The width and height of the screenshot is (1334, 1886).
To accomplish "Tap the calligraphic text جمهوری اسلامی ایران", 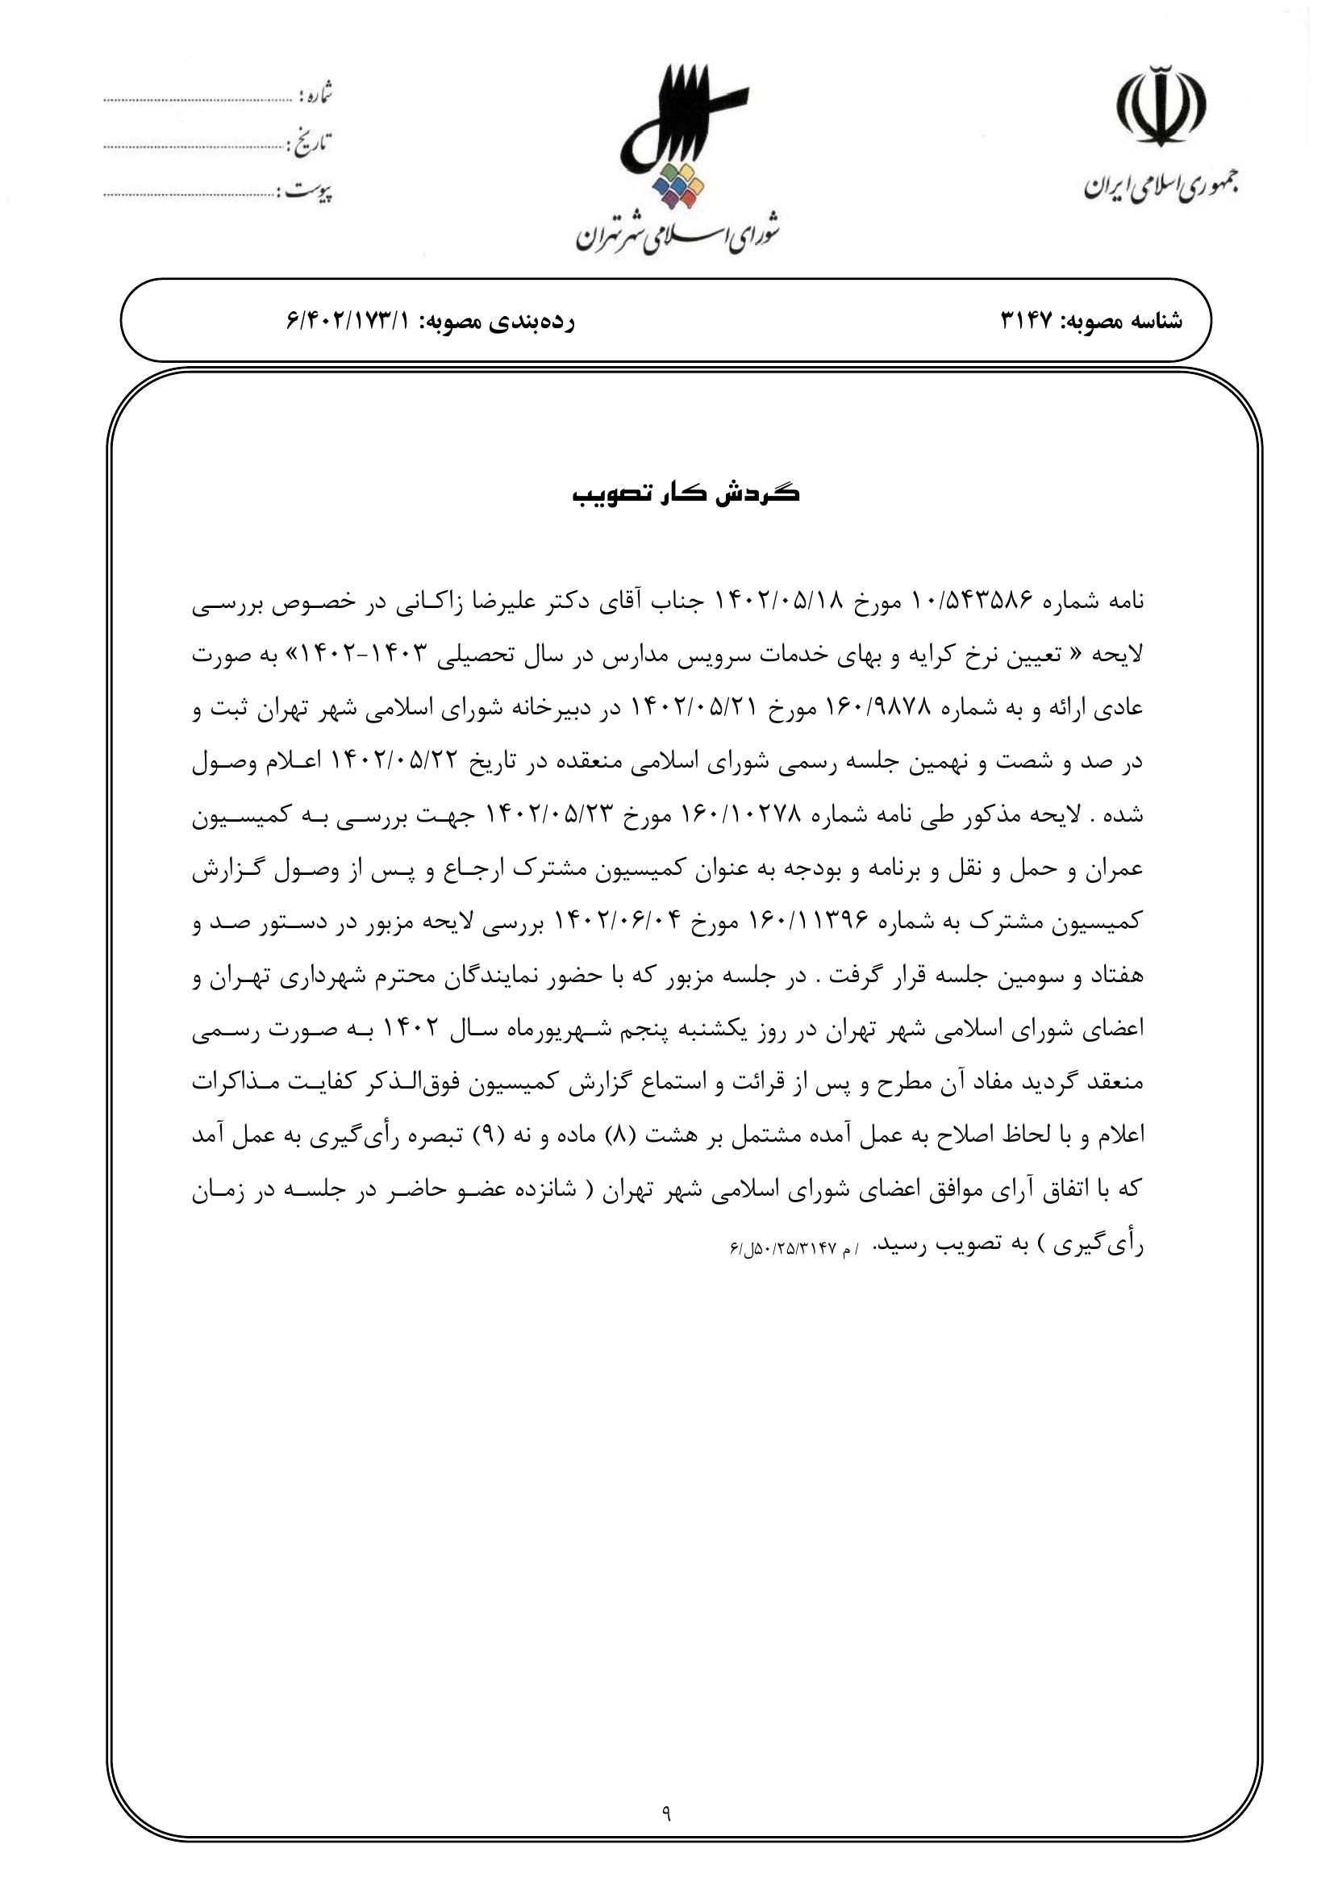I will point(1161,188).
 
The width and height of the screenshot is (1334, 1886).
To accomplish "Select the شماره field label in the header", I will point(315,96).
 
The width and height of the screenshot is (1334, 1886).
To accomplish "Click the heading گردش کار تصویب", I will point(686,494).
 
